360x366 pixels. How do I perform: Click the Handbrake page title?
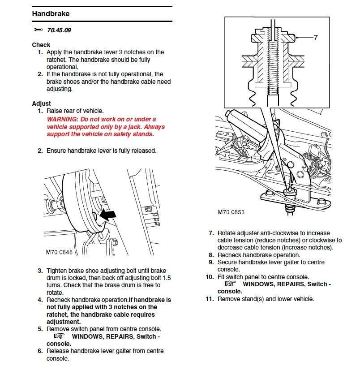51,13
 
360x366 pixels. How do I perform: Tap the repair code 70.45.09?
59,30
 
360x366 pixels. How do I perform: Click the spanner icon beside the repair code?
38,30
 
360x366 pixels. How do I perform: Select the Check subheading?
41,45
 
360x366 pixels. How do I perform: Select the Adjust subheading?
41,103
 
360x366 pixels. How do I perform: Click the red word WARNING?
62,119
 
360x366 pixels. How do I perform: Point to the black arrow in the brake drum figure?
107,215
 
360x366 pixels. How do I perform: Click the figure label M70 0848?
59,252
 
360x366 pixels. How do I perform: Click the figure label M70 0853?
231,212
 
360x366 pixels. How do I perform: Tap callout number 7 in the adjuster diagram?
315,38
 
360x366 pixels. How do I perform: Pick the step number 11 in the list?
210,299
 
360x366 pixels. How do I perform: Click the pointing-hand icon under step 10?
230,284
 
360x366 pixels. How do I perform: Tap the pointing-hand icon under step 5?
59,336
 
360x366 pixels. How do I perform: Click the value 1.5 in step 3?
167,278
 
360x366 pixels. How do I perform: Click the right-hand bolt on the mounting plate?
321,202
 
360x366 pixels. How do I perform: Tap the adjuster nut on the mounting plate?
290,192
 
